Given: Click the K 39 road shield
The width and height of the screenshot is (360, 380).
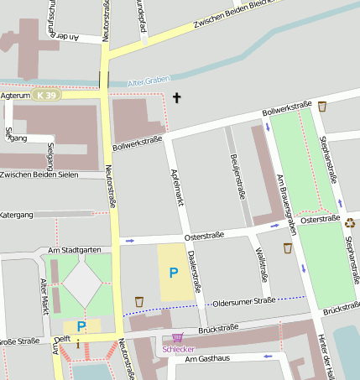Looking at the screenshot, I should pos(47,96).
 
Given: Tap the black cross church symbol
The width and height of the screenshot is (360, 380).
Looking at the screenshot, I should pos(176,98).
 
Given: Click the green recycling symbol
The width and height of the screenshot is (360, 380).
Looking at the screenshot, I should pos(350,222).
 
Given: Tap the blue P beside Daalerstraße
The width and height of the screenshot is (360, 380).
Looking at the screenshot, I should pos(174,273).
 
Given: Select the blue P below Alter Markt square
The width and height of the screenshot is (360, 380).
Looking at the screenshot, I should pos(81,326).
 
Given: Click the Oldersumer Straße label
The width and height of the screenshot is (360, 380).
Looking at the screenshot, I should pos(244,301).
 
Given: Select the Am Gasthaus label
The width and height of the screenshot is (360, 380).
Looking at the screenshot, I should pos(206,358).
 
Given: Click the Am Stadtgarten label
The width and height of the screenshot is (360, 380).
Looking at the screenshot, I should pos(75,250).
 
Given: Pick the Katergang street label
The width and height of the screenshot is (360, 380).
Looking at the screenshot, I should pos(17,216).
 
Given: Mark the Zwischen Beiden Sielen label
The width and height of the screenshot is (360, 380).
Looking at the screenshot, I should pos(39,174).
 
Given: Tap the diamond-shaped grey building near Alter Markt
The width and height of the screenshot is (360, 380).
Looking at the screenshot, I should pos(82,284).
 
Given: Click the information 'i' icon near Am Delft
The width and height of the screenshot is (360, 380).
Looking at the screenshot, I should pos(78,343).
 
